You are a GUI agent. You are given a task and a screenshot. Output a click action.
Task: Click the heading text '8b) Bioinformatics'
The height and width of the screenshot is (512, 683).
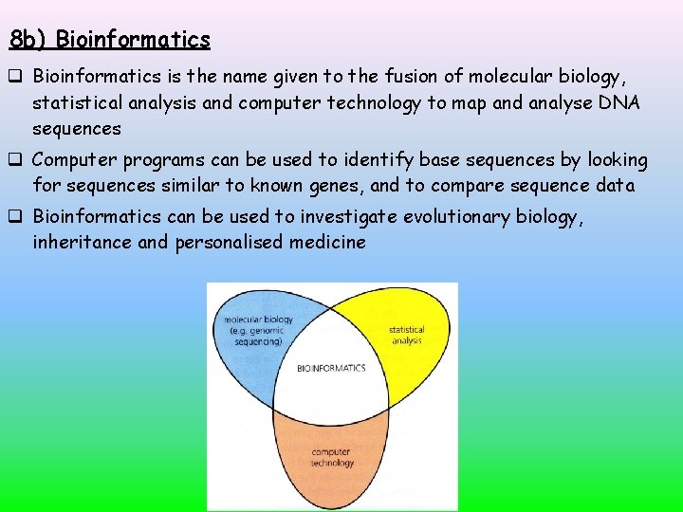(109, 40)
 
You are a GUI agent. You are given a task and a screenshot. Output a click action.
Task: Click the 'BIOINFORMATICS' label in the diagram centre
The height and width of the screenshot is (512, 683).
(331, 368)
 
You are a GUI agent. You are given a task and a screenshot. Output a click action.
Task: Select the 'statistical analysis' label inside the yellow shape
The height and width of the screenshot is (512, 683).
(406, 335)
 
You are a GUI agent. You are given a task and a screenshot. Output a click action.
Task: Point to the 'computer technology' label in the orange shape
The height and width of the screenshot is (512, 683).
(332, 457)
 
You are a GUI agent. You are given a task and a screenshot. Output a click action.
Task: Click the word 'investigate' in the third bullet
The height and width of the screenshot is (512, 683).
(349, 217)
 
